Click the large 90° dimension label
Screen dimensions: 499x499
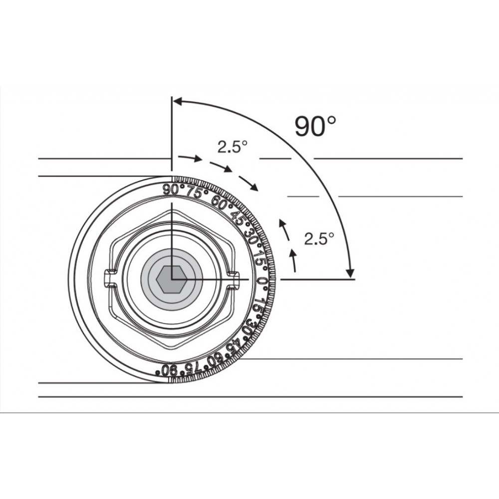point(315,126)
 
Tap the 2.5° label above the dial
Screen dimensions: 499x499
point(233,147)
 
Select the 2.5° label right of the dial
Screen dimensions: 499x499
point(319,239)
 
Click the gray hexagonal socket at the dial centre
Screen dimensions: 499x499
point(172,279)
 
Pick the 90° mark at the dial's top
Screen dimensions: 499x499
point(174,190)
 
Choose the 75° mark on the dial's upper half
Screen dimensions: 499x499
point(198,192)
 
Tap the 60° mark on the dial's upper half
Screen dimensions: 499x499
point(222,203)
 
